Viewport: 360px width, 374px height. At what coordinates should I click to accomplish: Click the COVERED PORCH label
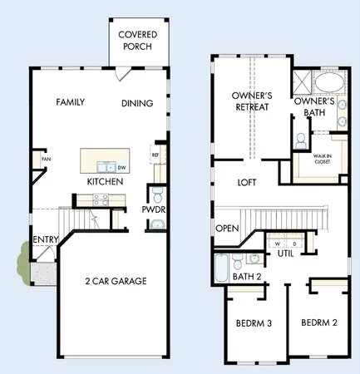tap(139, 40)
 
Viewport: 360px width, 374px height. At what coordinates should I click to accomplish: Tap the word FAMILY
tap(72, 102)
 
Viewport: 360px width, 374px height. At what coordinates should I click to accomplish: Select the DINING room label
tap(136, 104)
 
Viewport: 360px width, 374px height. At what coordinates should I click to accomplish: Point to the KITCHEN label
tap(106, 181)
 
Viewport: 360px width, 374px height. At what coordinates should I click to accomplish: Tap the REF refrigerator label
tap(155, 155)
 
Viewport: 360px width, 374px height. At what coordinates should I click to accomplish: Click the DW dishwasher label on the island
tap(121, 167)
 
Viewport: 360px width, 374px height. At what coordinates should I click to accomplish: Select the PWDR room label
tap(154, 209)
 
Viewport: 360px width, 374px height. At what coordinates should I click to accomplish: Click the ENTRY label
tap(44, 240)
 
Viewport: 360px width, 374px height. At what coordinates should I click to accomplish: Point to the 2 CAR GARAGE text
tap(116, 281)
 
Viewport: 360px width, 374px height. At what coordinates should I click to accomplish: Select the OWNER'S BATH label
tap(314, 107)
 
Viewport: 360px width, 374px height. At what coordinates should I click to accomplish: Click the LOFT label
tap(246, 182)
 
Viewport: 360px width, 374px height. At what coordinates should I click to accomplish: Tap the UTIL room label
tap(286, 253)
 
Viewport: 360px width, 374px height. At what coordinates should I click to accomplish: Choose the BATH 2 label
tap(246, 276)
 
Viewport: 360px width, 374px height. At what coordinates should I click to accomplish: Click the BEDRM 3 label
tap(254, 323)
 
